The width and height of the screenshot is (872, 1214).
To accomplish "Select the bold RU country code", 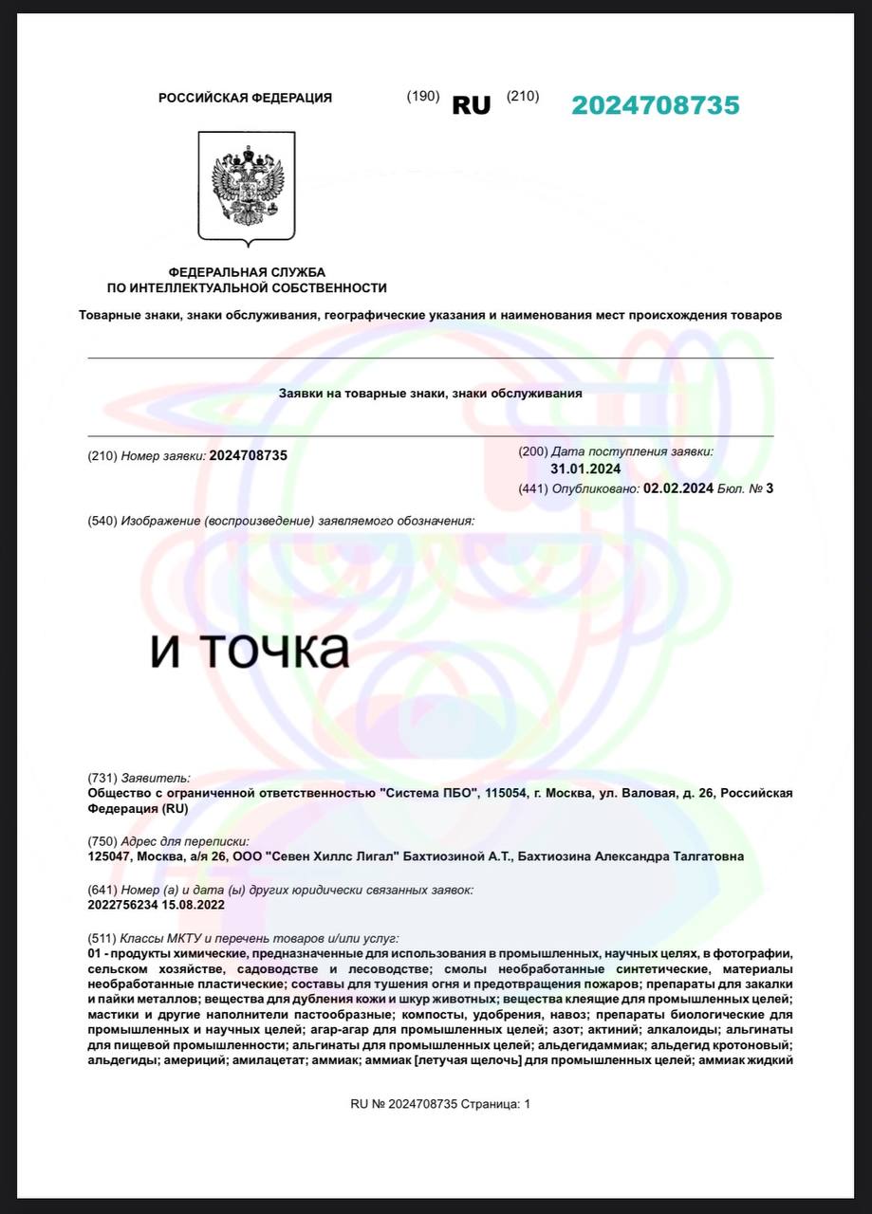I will pyautogui.click(x=471, y=105).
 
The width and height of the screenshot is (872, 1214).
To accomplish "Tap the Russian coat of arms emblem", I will pyautogui.click(x=247, y=186).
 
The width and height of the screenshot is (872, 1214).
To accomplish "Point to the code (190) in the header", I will pyautogui.click(x=422, y=96).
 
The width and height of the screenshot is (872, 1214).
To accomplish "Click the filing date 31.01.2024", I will pyautogui.click(x=585, y=469).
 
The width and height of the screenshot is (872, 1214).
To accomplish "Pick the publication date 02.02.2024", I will pyautogui.click(x=677, y=488).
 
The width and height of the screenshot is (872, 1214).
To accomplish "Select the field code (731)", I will pyautogui.click(x=102, y=778).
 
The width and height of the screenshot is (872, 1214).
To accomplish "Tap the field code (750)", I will pyautogui.click(x=102, y=841).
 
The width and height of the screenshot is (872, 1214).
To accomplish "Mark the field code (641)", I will pyautogui.click(x=102, y=890).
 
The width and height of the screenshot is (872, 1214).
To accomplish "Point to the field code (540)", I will pyautogui.click(x=102, y=521).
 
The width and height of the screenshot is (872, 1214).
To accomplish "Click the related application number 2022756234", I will pyautogui.click(x=122, y=905).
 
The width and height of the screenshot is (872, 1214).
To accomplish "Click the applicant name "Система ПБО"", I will pyautogui.click(x=427, y=793).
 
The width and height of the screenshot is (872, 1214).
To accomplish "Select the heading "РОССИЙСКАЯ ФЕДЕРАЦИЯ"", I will pyautogui.click(x=245, y=98).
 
